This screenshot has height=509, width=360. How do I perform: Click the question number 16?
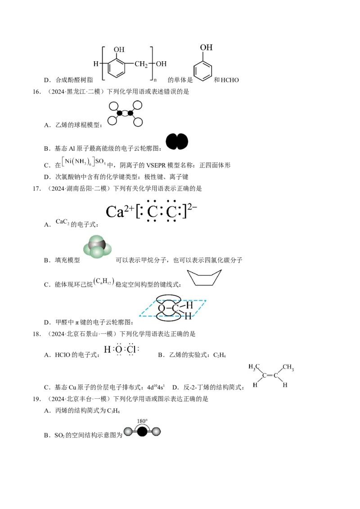pyautogui.click(x=36, y=92)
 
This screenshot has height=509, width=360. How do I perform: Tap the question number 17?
pyautogui.click(x=36, y=188)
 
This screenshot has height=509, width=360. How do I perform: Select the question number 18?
pyautogui.click(x=36, y=334)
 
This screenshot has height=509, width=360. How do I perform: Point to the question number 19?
pyautogui.click(x=36, y=399)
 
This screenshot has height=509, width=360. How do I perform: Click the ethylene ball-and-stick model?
pyautogui.click(x=125, y=113)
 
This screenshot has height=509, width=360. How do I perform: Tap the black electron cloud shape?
pyautogui.click(x=177, y=142)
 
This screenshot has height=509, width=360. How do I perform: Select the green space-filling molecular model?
pyautogui.click(x=98, y=247)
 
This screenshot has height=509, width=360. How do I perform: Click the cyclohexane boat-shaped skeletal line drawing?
pyautogui.click(x=204, y=278)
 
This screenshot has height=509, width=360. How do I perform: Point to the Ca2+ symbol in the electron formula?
pyautogui.click(x=120, y=212)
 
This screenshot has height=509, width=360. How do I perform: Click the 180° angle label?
pyautogui.click(x=142, y=421)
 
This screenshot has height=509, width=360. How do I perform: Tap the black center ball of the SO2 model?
pyautogui.click(x=142, y=432)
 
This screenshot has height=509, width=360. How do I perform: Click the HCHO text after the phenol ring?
pyautogui.click(x=229, y=80)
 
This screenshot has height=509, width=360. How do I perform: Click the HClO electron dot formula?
pyautogui.click(x=121, y=350)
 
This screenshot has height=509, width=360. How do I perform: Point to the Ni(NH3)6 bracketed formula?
pyautogui.click(x=79, y=161)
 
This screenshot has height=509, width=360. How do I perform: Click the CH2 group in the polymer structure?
pyautogui.click(x=141, y=64)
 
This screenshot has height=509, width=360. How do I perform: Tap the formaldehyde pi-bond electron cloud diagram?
pyautogui.click(x=172, y=308)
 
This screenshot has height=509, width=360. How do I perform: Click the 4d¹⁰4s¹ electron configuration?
pyautogui.click(x=156, y=387)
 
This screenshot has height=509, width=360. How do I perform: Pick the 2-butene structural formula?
pyautogui.click(x=271, y=375)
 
